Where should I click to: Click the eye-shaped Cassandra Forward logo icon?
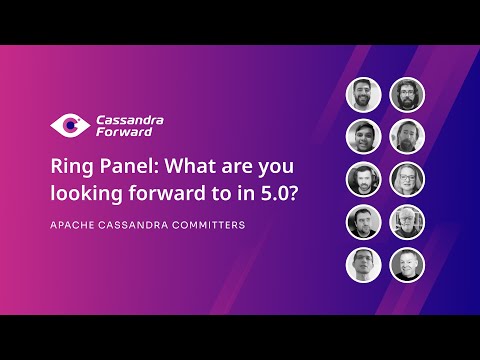(68, 126)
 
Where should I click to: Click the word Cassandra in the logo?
(131, 120)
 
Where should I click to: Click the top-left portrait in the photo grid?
(364, 95)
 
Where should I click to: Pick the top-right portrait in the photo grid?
(407, 95)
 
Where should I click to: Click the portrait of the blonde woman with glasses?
(407, 179)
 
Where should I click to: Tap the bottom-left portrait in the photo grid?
(364, 265)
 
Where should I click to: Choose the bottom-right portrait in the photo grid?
(407, 265)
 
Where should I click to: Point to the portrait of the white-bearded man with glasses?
(407, 222)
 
